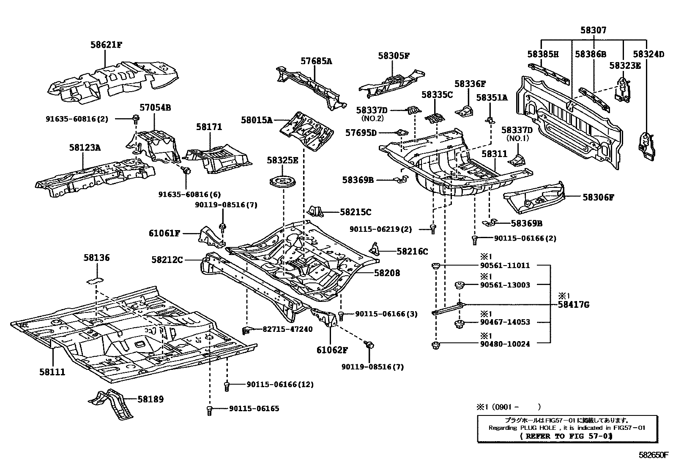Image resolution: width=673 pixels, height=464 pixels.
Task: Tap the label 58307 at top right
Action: coord(593,30)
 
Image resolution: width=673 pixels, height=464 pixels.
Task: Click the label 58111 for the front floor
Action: coord(52,372)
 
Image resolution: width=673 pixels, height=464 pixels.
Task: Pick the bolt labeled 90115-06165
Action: coord(209,410)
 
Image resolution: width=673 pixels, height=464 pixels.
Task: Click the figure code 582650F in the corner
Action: coord(654,455)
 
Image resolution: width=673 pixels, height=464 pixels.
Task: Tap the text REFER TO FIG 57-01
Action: coord(566,436)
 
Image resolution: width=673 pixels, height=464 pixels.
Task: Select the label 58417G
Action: coord(574,305)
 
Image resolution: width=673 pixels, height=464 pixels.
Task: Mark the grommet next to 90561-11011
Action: coord(435,266)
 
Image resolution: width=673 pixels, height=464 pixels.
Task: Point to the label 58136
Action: coord(96,258)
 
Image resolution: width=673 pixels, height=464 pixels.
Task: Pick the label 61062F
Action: coord(332,350)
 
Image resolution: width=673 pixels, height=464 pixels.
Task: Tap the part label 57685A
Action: coord(316,61)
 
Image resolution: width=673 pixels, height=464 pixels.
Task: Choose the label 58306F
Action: coord(598,197)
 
